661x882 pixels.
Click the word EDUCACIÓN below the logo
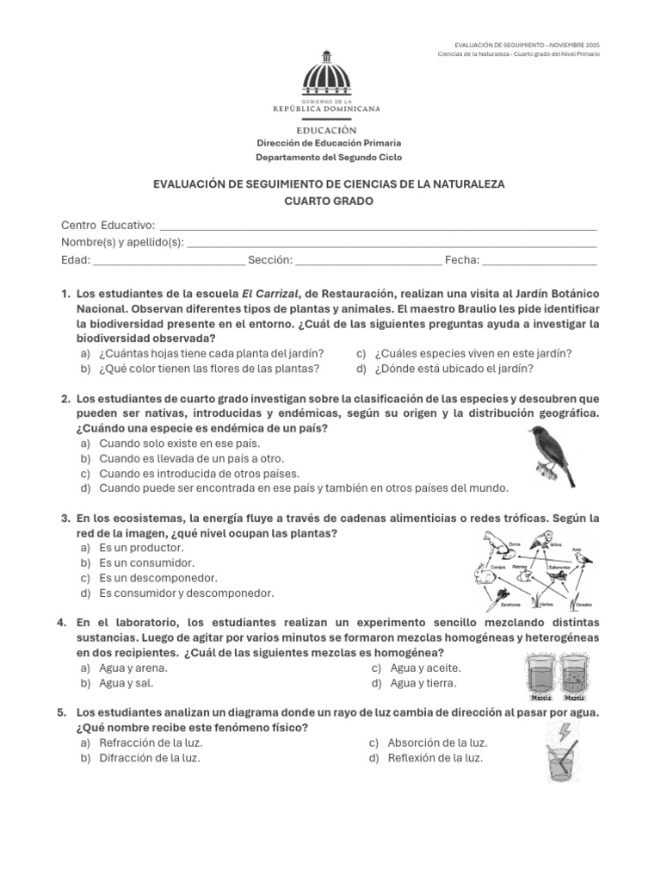pos(327,128)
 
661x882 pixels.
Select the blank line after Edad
pos(168,261)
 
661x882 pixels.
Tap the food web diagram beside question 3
pos(534,568)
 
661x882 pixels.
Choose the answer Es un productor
pos(141,548)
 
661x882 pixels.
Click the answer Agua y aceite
pos(425,668)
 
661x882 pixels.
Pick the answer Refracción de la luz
pos(150,742)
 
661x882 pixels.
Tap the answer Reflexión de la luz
pos(435,758)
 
